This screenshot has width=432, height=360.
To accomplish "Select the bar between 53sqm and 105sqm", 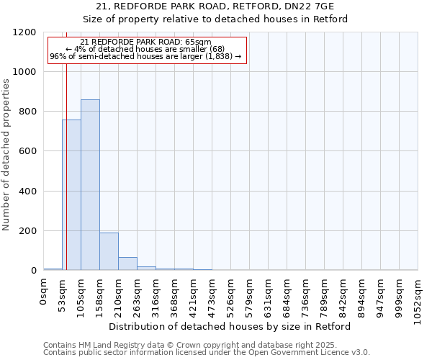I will tap(71, 195).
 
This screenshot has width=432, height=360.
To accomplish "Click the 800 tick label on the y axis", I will tap(28, 112).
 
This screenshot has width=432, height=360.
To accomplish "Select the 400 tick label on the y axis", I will tap(28, 192).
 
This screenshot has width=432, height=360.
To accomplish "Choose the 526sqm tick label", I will tap(230, 297).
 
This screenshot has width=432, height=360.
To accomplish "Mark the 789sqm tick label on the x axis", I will tap(324, 297).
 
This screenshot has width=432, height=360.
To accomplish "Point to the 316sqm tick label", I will tap(156, 297).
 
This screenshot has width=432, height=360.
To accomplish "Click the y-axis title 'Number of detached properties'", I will tap(6, 155).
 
